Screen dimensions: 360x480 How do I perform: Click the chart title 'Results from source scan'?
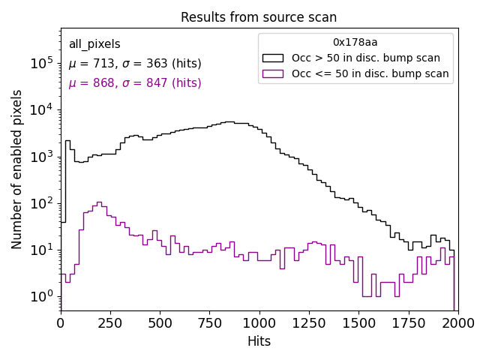coord(259,17)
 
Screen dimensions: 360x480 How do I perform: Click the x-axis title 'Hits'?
coord(259,342)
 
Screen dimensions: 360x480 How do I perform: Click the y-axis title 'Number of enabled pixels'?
coord(17,169)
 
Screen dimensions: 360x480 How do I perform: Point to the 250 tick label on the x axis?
coord(110,323)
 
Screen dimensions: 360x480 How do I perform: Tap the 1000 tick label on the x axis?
coord(259,323)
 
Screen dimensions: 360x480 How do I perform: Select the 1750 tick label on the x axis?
coord(408,323)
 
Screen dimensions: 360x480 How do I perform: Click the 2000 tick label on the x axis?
coord(457,323)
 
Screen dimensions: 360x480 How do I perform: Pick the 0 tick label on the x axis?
coord(61,323)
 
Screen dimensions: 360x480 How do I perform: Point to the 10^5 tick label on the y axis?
coord(40,64)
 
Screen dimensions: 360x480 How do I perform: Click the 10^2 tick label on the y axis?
coord(40,203)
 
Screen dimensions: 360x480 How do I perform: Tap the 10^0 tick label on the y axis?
coord(40,296)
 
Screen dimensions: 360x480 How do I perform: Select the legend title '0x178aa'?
coord(355,43)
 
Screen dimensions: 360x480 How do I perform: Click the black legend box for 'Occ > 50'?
coord(273,58)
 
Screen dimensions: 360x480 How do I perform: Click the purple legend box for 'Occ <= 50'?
coord(273,73)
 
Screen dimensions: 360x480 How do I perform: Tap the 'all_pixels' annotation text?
coord(94,44)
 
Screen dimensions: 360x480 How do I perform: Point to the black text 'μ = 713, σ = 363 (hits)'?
coord(135,64)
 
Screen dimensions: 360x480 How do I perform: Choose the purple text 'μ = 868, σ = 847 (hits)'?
coord(135,83)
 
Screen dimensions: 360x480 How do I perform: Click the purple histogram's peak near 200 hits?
coord(100,202)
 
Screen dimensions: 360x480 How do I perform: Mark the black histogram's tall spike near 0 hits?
coord(67,141)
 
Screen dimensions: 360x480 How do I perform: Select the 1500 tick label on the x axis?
coord(358,323)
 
